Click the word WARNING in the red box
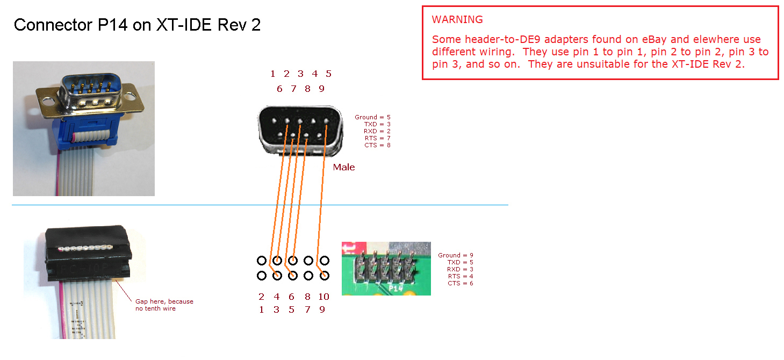[x=457, y=20]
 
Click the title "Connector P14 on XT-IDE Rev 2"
[x=137, y=25]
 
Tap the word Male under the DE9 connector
[x=344, y=167]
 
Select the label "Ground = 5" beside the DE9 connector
[x=372, y=117]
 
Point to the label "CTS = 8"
[x=377, y=145]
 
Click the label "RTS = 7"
[x=377, y=138]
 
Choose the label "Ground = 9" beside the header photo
[x=456, y=255]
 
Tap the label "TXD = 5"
[x=460, y=262]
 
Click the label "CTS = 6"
[x=461, y=283]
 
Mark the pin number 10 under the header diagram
[x=323, y=297]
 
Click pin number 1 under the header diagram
[x=262, y=309]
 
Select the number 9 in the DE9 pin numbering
[x=321, y=89]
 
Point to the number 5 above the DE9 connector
[x=328, y=74]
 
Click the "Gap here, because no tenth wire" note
[x=164, y=305]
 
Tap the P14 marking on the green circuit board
[x=397, y=288]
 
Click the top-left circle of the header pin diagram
[x=262, y=261]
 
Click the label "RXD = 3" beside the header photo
[x=460, y=269]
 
